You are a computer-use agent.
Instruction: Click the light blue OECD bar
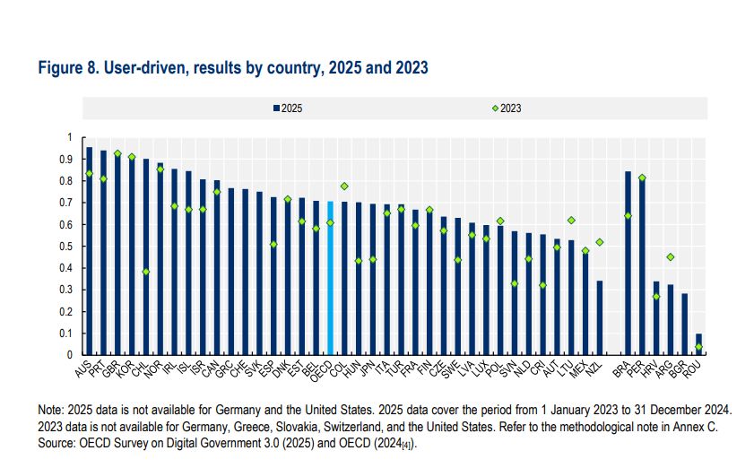coord(330,278)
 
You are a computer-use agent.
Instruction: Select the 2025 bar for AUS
coord(89,251)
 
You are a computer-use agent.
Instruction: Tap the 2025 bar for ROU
coord(699,344)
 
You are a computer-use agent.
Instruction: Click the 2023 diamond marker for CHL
coord(146,272)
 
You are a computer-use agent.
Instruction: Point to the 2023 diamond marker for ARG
coord(671,257)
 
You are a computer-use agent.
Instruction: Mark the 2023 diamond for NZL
coord(600,242)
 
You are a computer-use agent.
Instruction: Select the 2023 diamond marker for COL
coord(344,186)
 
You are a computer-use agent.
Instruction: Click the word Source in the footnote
coord(56,442)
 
